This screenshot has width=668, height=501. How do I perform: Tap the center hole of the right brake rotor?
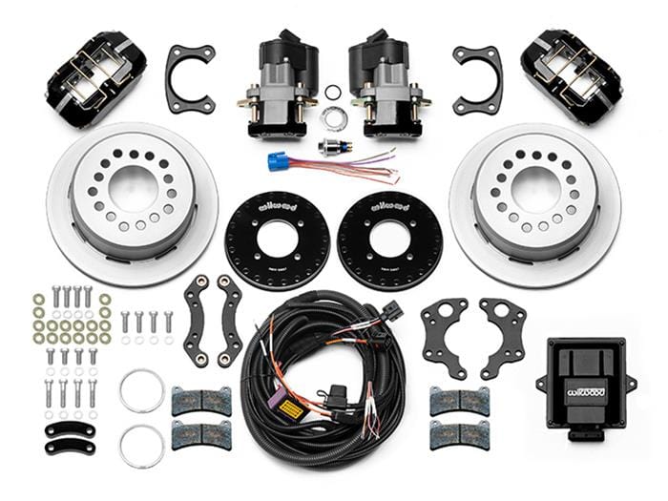[x=534, y=188]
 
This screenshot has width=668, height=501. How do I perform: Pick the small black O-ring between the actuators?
[x=333, y=93]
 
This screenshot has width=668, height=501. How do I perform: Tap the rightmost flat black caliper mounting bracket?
[x=503, y=336]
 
